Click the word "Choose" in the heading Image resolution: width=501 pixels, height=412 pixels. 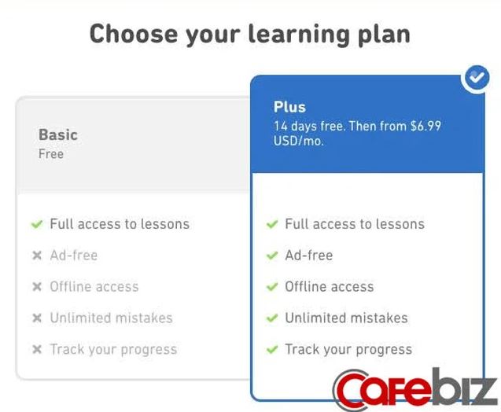(134, 34)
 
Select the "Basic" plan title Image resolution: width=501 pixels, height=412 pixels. (58, 134)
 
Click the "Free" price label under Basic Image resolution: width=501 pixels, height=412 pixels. (51, 154)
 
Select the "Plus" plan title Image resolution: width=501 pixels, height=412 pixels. (289, 107)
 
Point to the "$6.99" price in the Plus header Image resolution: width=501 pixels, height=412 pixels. (425, 126)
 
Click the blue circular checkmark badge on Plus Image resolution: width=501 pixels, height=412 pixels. (477, 78)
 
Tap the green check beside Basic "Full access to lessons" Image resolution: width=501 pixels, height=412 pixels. (37, 224)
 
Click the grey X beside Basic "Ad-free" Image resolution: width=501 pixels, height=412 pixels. (37, 256)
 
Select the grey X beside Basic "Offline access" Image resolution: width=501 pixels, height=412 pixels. (37, 287)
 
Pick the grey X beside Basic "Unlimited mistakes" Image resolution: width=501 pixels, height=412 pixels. (37, 318)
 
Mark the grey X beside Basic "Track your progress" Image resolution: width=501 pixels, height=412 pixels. (37, 349)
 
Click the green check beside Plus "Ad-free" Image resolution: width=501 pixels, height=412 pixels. (272, 256)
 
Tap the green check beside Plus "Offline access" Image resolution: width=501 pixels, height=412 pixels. (272, 287)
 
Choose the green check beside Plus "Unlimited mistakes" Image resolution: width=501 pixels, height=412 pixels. (272, 318)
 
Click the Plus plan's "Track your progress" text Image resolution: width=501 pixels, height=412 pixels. (348, 350)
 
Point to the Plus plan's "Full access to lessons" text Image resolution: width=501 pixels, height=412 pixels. (355, 224)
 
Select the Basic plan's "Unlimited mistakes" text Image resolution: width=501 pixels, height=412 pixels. (111, 318)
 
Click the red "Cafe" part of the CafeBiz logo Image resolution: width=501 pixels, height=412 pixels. (381, 390)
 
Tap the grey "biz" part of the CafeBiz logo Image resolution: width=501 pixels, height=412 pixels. (464, 387)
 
